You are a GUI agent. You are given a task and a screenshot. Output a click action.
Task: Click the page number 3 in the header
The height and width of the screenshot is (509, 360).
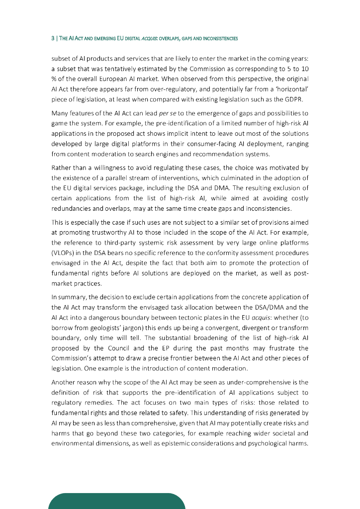(x=53, y=38)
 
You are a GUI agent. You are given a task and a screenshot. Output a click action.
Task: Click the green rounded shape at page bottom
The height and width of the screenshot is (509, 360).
(x=117, y=501)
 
